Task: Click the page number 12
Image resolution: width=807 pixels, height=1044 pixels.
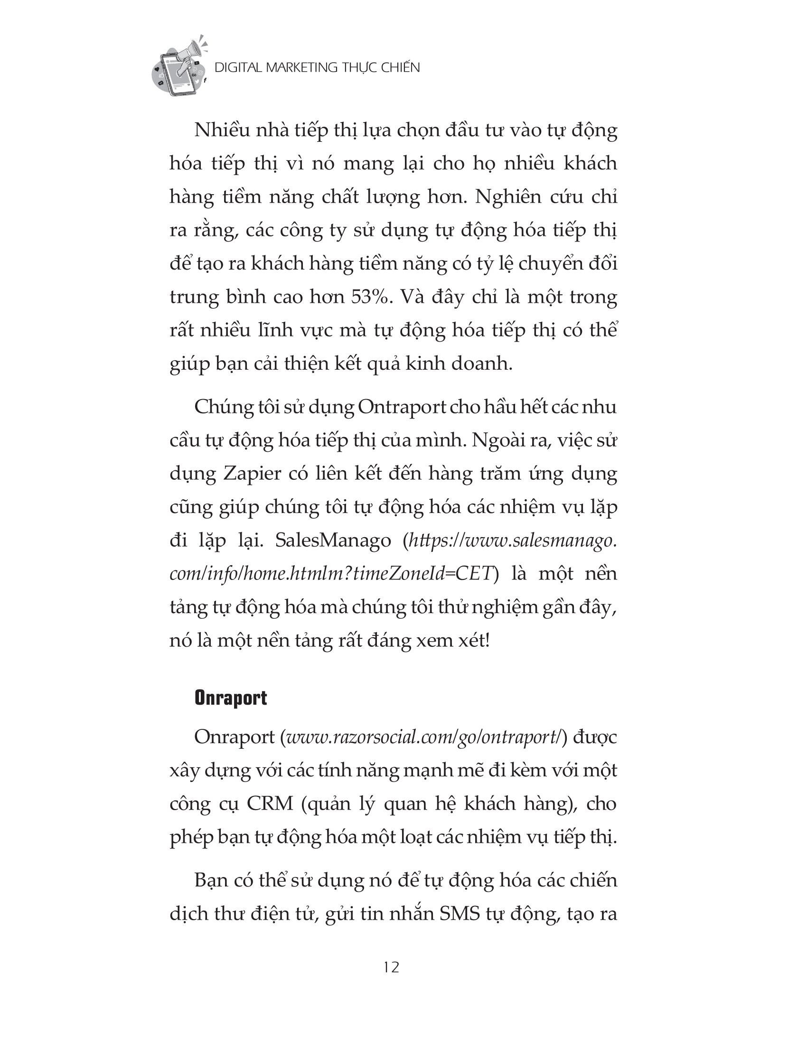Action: [391, 967]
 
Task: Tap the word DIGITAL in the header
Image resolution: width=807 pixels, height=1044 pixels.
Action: [238, 68]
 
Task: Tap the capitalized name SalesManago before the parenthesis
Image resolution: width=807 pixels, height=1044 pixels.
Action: [333, 541]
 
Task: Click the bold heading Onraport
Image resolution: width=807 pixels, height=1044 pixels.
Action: [230, 698]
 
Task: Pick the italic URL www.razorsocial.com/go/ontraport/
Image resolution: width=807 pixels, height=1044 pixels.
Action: [422, 737]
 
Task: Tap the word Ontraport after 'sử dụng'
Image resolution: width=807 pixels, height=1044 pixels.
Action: [402, 407]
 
